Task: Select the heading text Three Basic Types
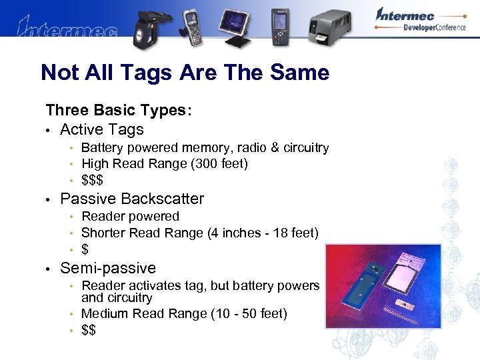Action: click(119, 111)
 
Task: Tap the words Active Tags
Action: click(102, 129)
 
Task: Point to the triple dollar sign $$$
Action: click(92, 180)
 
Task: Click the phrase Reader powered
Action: click(130, 216)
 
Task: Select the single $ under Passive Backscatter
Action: click(85, 249)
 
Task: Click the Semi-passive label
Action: click(108, 268)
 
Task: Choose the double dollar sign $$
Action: click(88, 330)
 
